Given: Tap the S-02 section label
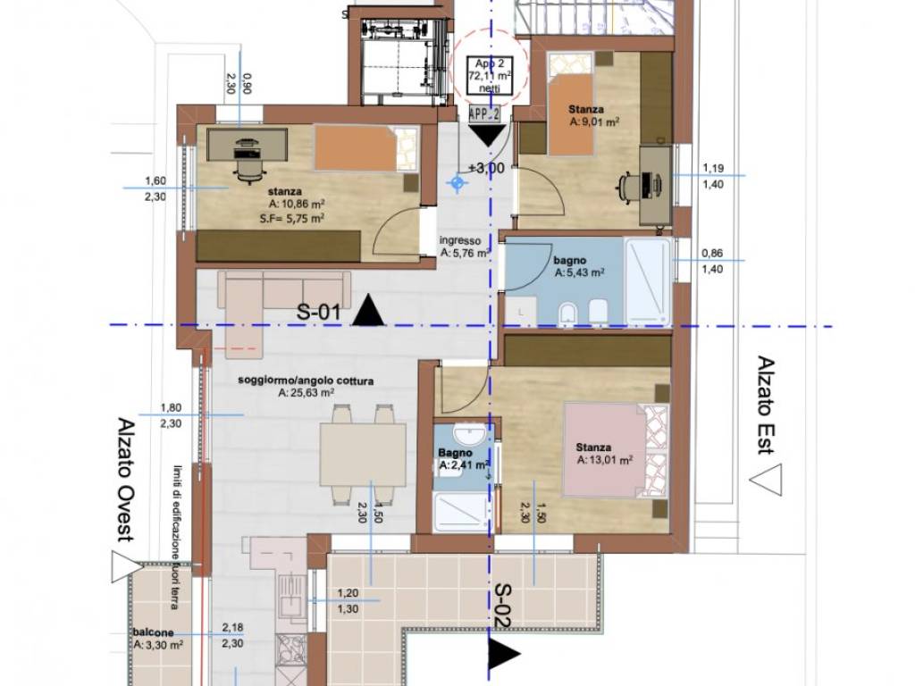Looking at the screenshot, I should point(504,605).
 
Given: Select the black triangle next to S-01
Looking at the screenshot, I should point(368,313).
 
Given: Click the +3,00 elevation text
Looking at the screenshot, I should point(487,167).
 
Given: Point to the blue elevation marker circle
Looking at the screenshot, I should point(457,183).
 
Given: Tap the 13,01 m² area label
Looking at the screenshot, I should point(605,460).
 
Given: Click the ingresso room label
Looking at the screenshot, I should point(460,240).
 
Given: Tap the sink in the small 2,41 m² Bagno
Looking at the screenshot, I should point(468,436).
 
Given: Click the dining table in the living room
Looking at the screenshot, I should point(362,455).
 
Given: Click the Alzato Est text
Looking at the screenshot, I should point(765,405).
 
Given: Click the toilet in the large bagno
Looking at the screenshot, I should point(567,313).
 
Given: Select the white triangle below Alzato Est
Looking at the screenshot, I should point(765,481).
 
